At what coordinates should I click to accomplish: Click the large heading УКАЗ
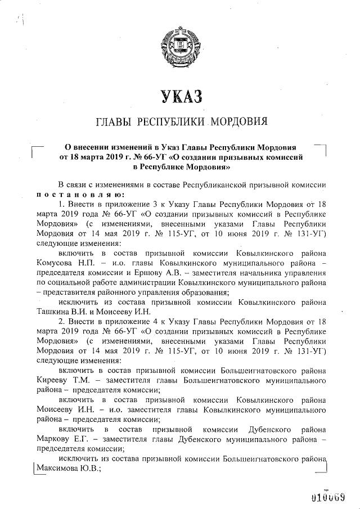[179, 96]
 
